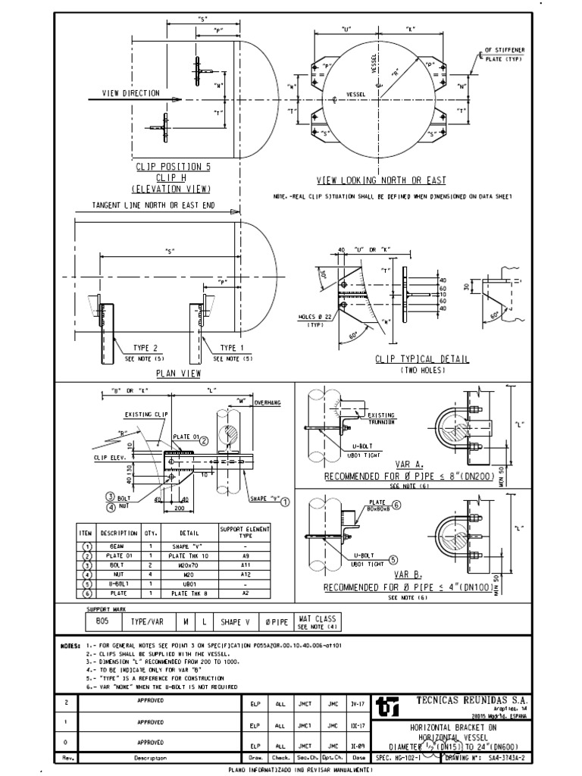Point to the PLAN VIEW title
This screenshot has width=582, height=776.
pos(176,374)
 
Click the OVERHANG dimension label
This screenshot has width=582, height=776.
pos(268,402)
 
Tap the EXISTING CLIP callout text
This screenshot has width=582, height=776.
pos(145,415)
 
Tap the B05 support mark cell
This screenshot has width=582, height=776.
pos(101,622)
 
